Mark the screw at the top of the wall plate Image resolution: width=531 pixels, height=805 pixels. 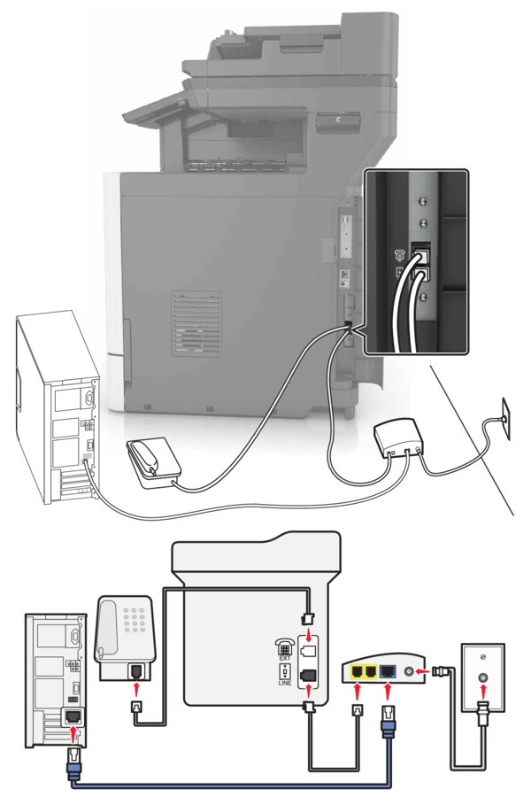pos(482,631)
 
